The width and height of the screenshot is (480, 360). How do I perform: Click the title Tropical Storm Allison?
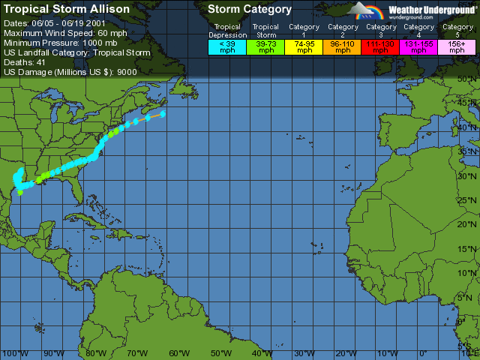click(x=67, y=9)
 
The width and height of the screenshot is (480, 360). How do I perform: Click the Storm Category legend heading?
click(x=250, y=9)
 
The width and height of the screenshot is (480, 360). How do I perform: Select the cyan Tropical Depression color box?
click(x=226, y=46)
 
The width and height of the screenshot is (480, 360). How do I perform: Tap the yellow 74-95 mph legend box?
click(x=304, y=46)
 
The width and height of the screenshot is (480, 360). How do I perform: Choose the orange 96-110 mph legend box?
click(x=343, y=46)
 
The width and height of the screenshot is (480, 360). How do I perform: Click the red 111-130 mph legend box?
click(x=382, y=46)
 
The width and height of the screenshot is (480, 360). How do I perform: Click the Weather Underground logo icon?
click(x=368, y=10)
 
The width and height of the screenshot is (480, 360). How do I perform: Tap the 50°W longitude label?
click(x=220, y=353)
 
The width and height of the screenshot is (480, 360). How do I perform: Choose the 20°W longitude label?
click(x=346, y=353)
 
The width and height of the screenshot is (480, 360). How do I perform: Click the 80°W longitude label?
click(x=95, y=353)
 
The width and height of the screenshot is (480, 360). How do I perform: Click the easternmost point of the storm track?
click(x=163, y=114)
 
